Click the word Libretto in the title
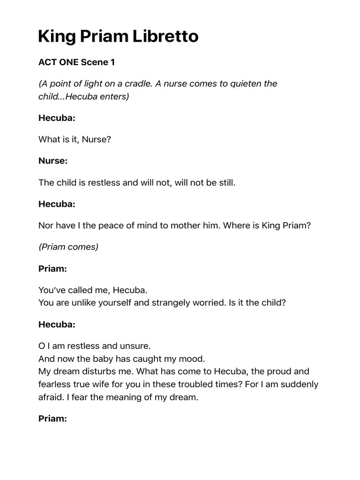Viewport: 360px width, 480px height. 165,36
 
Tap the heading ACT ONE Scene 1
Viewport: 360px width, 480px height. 76,62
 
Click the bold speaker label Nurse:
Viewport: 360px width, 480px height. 53,161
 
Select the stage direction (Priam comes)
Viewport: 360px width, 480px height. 68,247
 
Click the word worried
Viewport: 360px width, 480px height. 208,303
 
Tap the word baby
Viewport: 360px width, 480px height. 97,359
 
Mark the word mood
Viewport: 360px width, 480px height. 194,359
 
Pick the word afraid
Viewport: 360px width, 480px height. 50,397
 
